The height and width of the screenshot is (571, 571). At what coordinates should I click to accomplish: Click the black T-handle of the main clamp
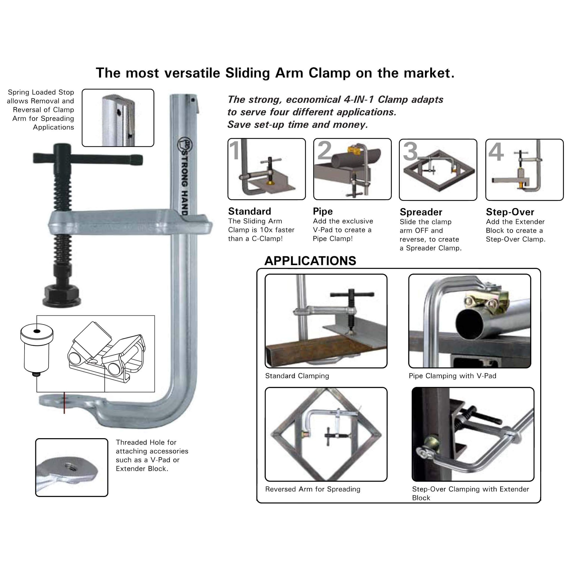[x=88, y=159]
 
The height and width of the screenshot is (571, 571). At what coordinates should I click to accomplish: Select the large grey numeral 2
[x=324, y=150]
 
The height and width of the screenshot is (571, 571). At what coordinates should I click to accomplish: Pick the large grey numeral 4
[x=496, y=152]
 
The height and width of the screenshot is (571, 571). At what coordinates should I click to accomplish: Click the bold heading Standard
[x=249, y=211]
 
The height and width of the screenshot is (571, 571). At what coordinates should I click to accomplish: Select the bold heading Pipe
[x=323, y=212]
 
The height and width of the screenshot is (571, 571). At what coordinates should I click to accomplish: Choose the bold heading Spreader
[x=421, y=212]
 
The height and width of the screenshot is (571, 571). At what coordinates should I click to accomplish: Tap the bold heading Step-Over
[x=510, y=212]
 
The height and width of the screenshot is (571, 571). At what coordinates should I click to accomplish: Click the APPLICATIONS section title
[x=310, y=261]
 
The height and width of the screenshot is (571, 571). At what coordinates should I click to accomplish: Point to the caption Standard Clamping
[x=297, y=376]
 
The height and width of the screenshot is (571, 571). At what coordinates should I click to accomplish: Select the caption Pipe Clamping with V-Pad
[x=452, y=376]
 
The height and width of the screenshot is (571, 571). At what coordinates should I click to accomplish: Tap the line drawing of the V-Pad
[x=106, y=353]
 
